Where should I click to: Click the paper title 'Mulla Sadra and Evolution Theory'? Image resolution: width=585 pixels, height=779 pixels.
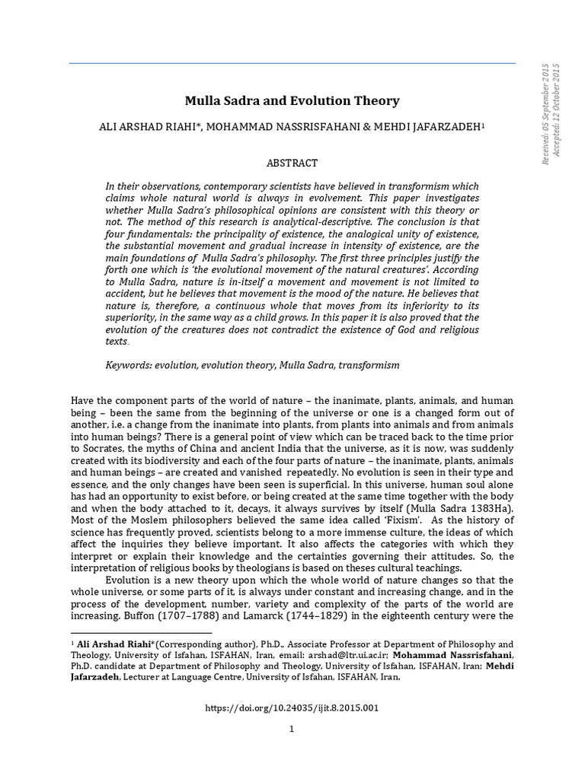click(x=292, y=100)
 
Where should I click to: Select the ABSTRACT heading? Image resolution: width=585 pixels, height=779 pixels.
click(x=292, y=163)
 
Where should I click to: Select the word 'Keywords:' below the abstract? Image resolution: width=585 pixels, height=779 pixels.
click(x=129, y=365)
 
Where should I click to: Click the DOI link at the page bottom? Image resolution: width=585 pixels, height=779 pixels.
click(x=292, y=707)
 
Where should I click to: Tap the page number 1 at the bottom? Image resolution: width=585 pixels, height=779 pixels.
click(x=292, y=729)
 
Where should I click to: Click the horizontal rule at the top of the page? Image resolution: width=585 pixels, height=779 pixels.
click(x=292, y=63)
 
